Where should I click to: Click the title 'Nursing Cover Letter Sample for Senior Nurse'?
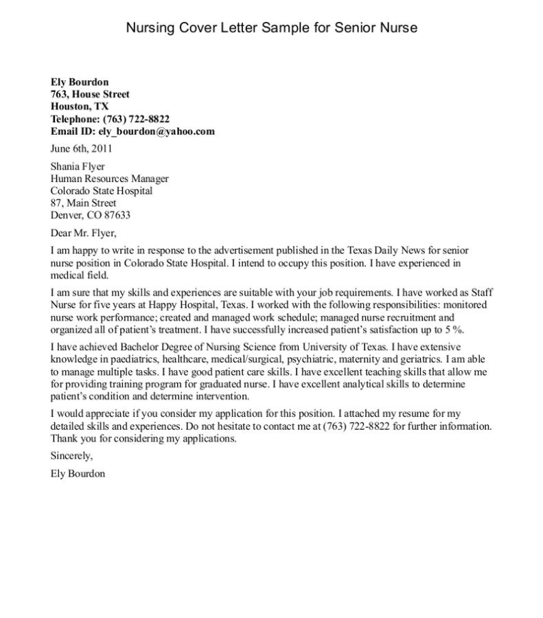pos(271,28)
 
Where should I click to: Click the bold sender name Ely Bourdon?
pos(80,82)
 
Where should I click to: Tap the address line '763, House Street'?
pos(90,94)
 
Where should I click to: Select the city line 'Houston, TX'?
pos(80,106)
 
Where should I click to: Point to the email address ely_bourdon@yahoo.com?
pos(158,131)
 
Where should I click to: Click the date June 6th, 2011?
pos(82,148)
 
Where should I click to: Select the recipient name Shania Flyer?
pos(78,166)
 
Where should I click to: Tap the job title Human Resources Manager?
pos(110,179)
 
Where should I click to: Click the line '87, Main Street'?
pos(84,203)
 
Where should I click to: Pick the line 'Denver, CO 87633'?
pos(91,215)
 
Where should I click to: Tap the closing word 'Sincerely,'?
pos(71,456)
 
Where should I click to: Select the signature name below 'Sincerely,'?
pos(78,473)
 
